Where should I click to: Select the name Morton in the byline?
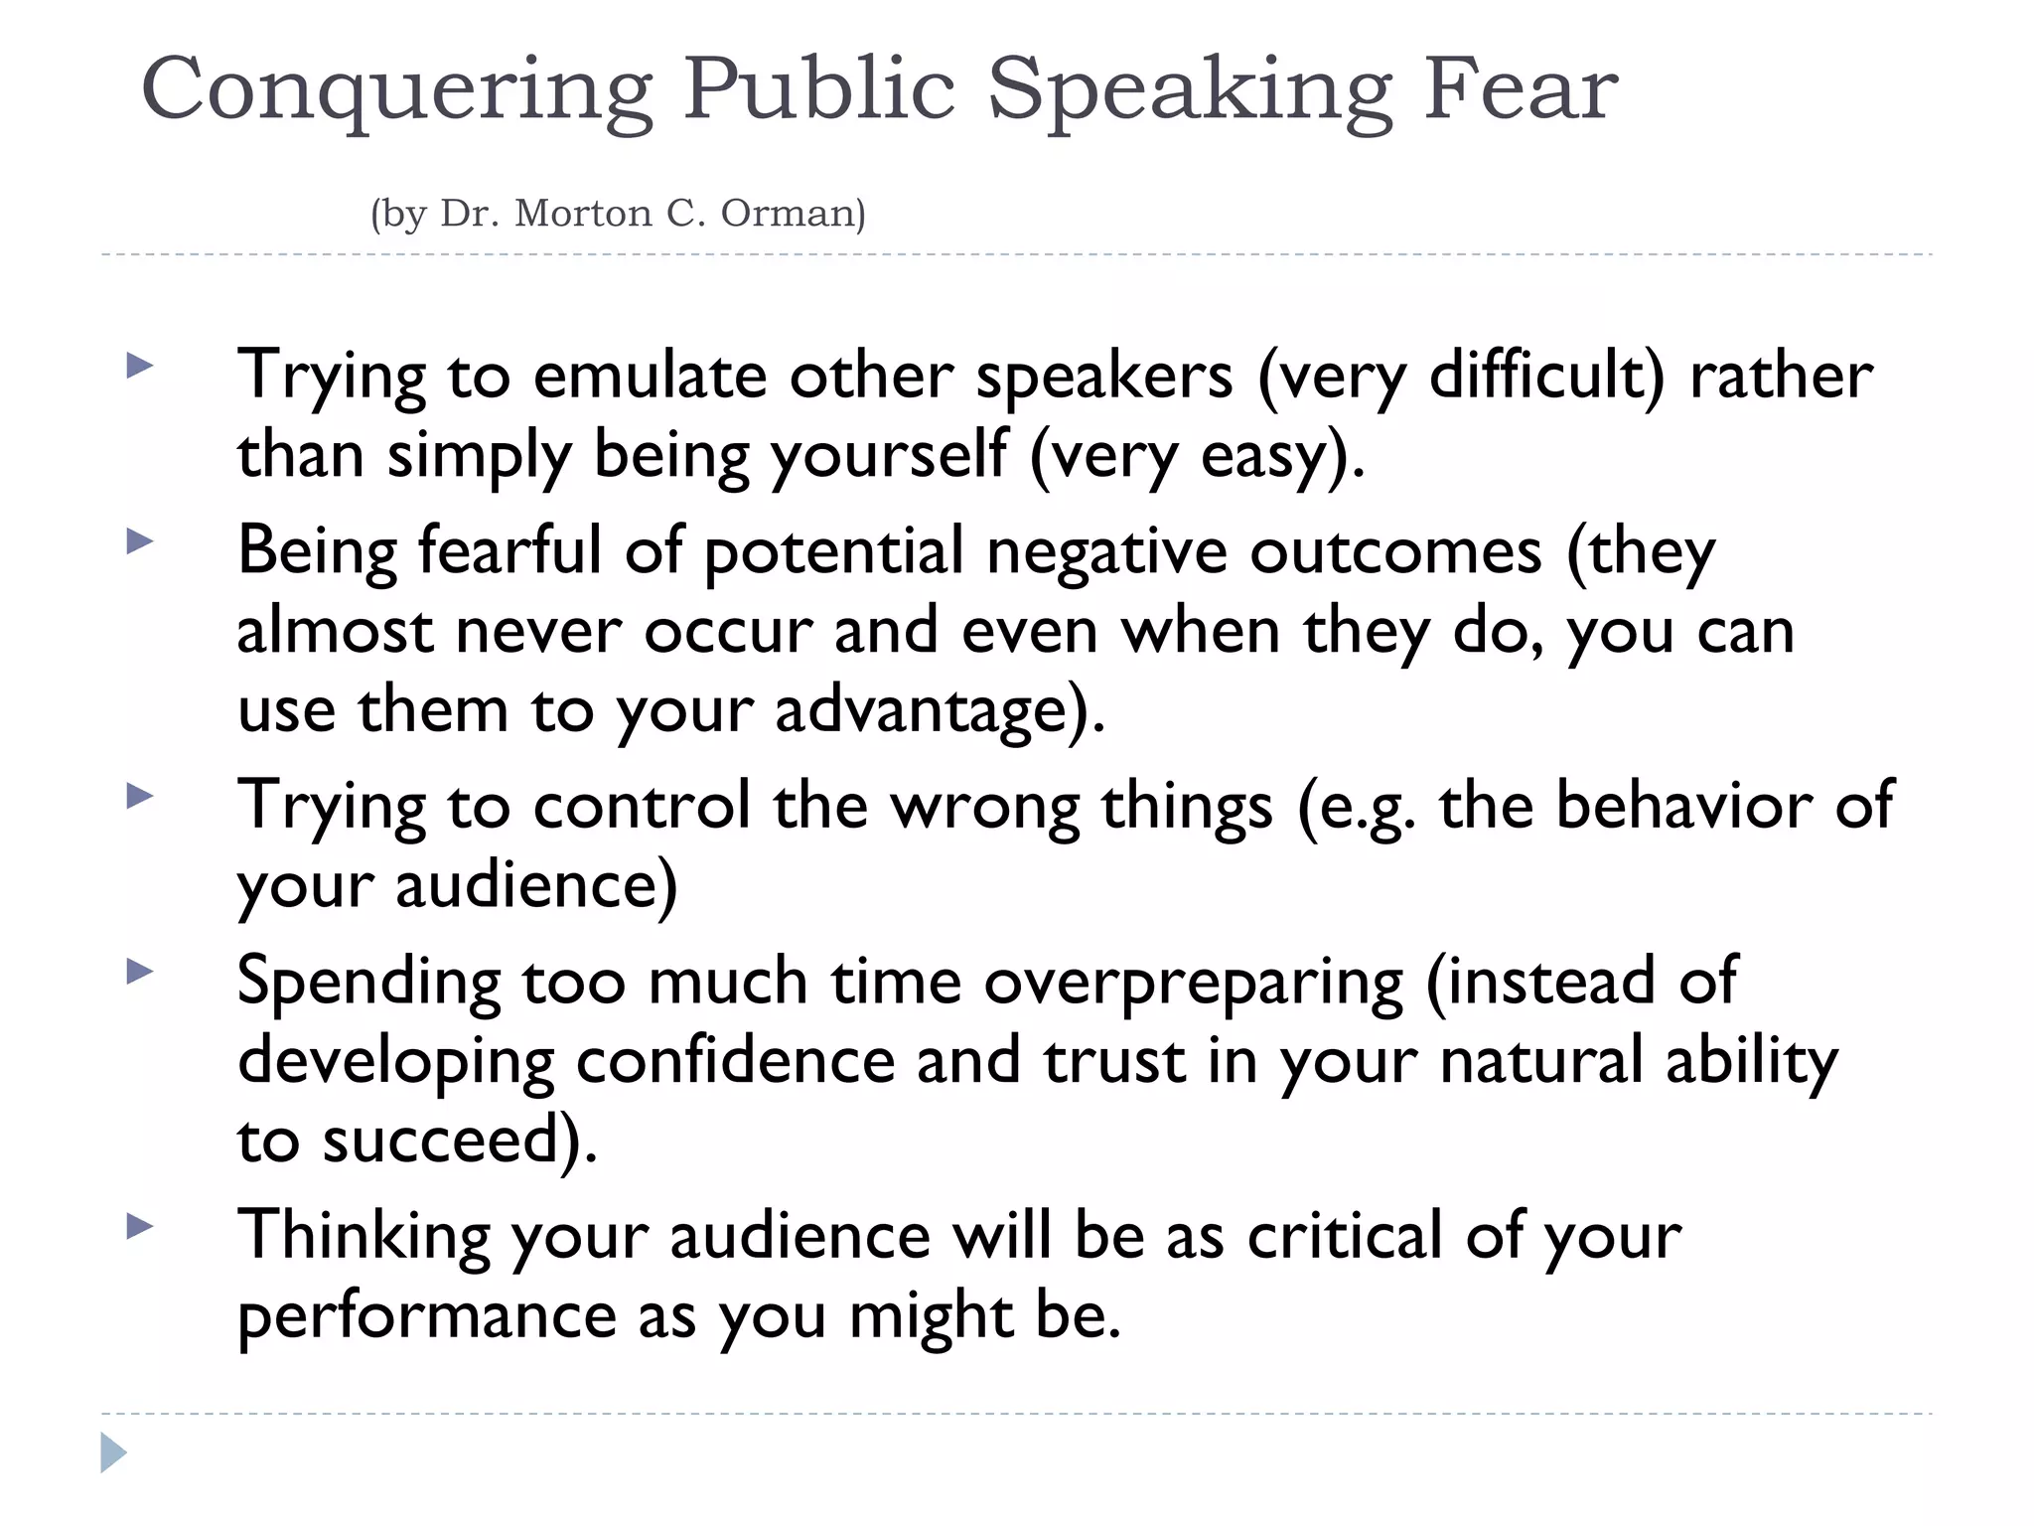pos(582,214)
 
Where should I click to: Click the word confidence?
pos(736,1061)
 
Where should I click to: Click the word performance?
pos(427,1315)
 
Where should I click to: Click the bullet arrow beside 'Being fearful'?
pos(140,541)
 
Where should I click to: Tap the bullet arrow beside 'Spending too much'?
pos(140,972)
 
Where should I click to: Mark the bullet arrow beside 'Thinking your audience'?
pos(140,1227)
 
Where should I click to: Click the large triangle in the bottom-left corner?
pos(113,1453)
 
